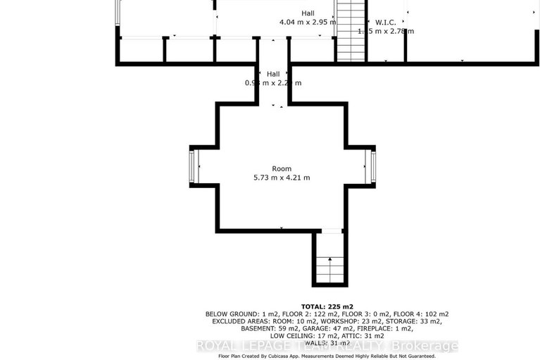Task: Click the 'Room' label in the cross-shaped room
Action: pos(282,168)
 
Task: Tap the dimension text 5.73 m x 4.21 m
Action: pos(282,178)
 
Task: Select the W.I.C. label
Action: pos(386,21)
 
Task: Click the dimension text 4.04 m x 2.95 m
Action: pos(308,23)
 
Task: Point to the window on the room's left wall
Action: pos(191,166)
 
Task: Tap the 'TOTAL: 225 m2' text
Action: pos(327,306)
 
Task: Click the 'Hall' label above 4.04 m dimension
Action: pos(308,13)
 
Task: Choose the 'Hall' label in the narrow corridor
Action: pos(273,74)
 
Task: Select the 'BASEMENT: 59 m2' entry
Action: pos(262,328)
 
